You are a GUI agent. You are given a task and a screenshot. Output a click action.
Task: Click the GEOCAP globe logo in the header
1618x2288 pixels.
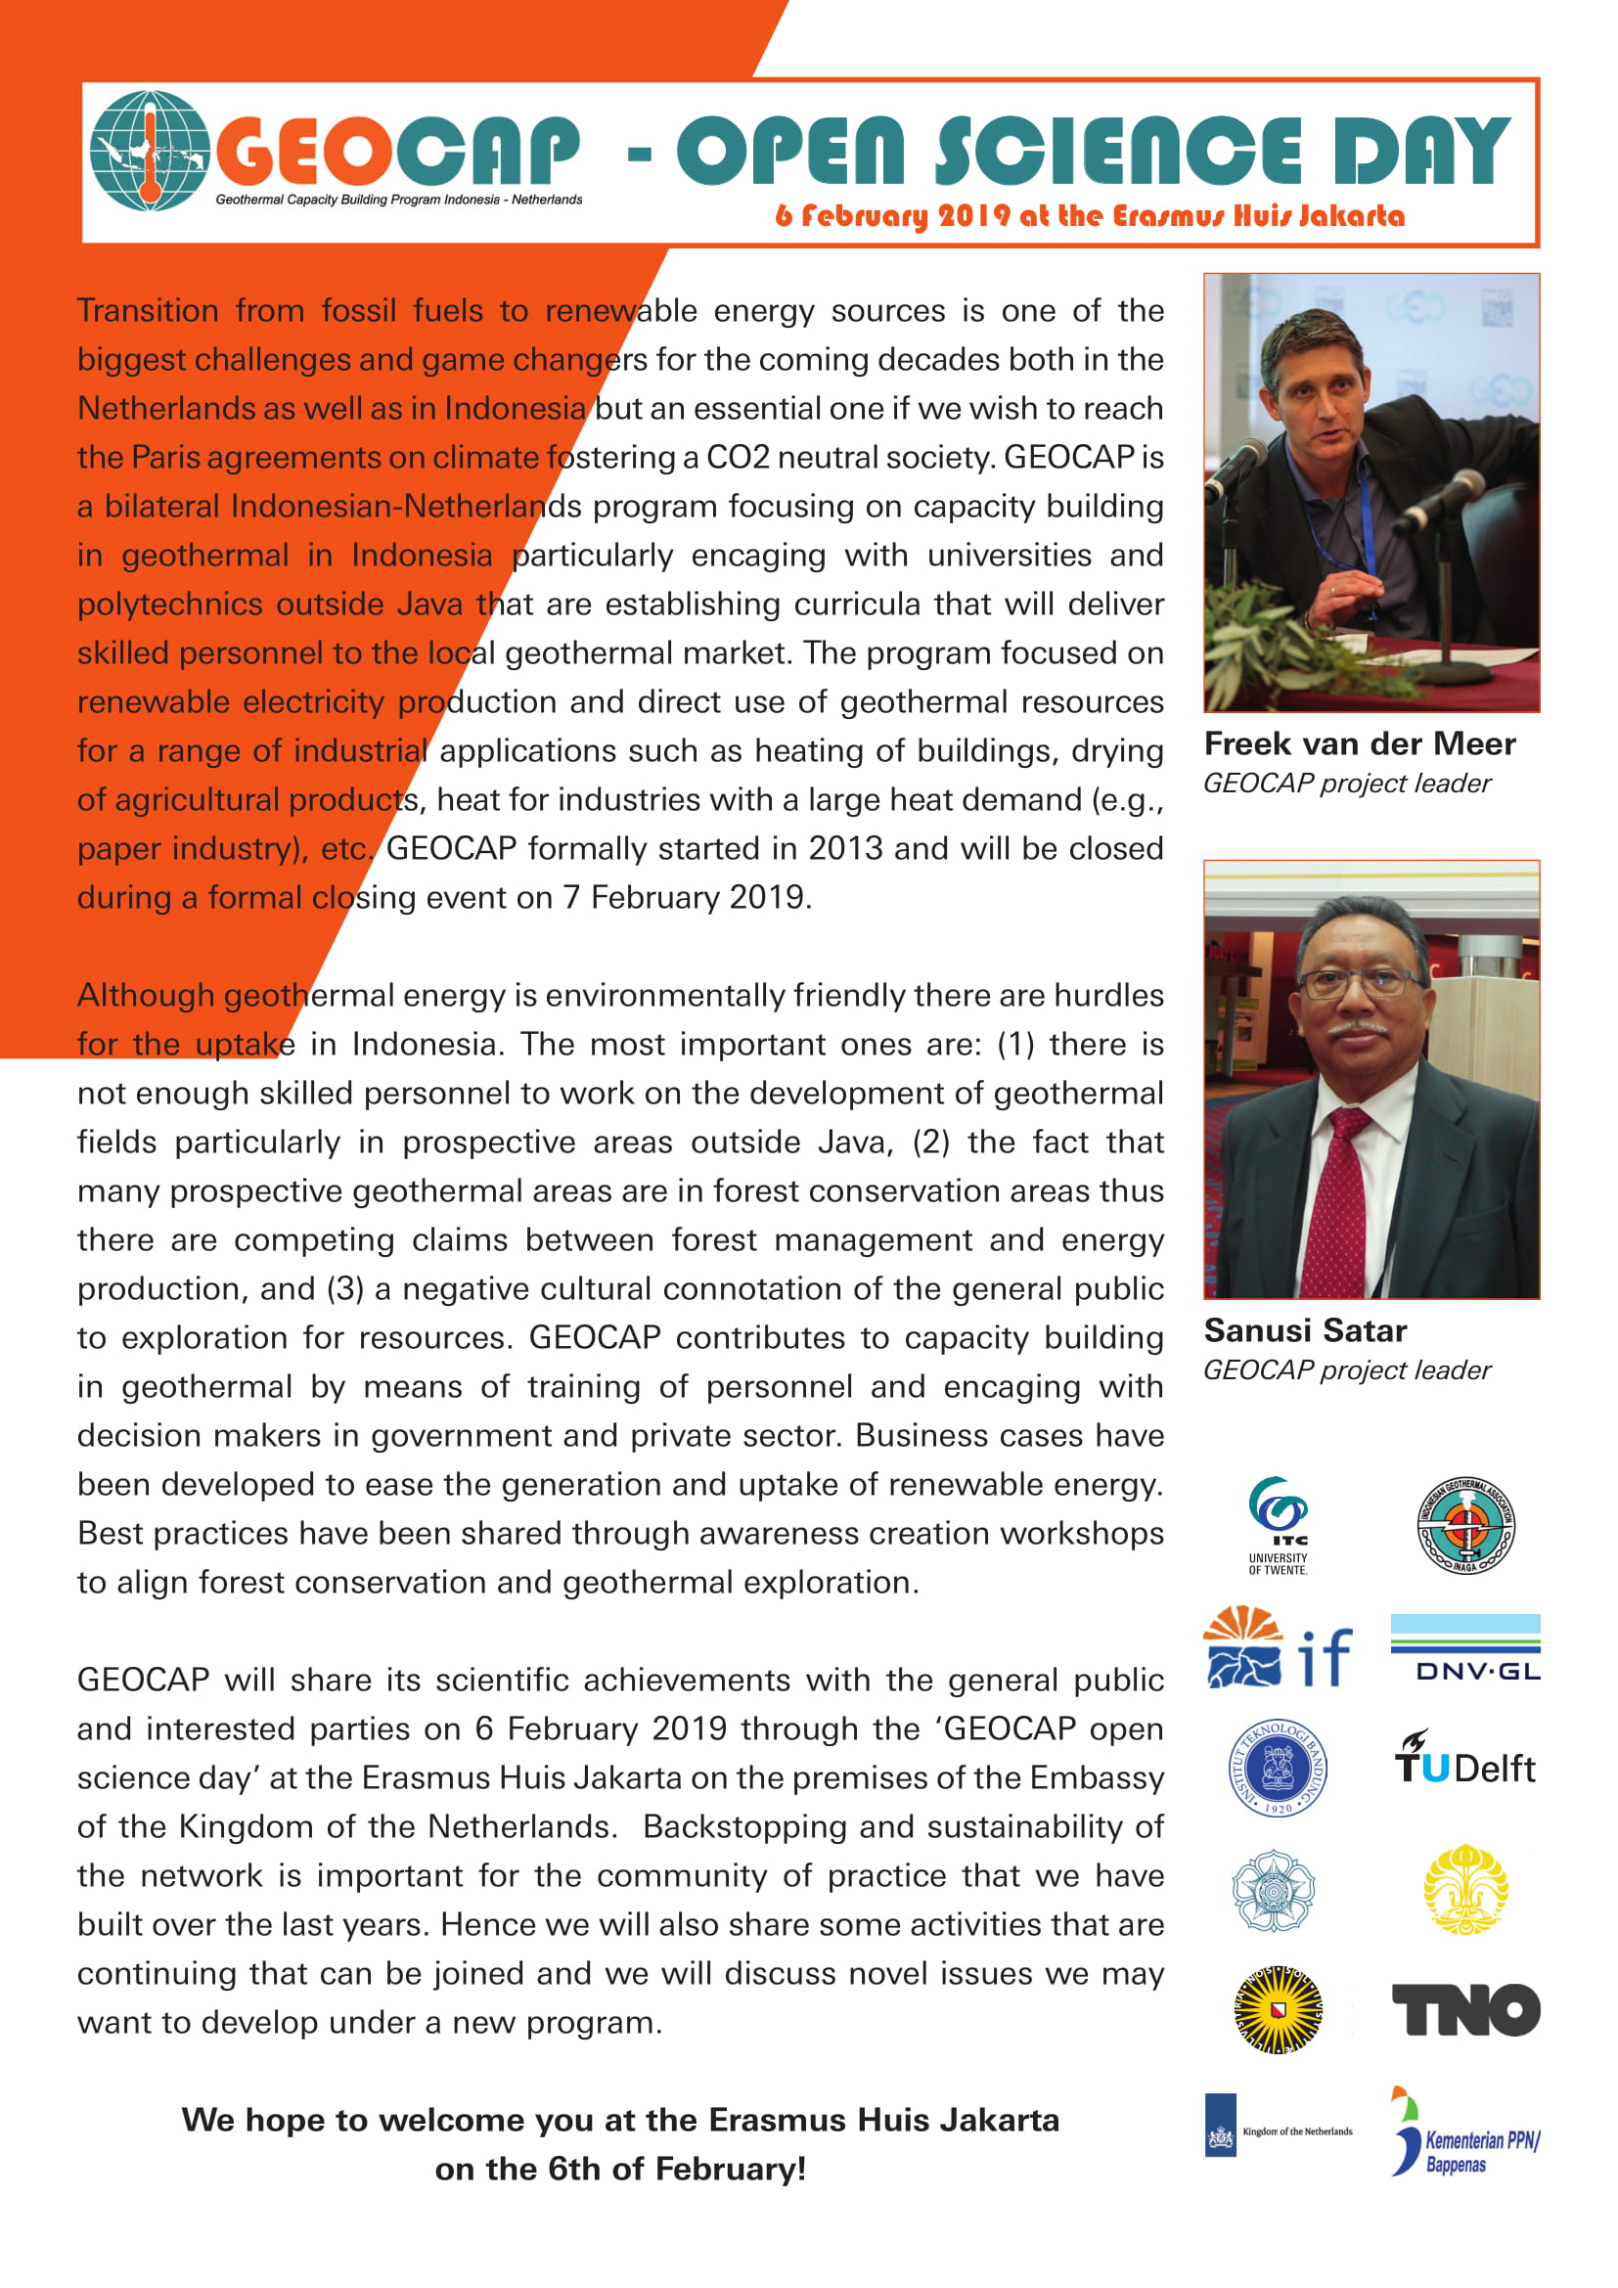(x=150, y=151)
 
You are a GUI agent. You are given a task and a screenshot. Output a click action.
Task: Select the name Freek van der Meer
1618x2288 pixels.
(x=1359, y=743)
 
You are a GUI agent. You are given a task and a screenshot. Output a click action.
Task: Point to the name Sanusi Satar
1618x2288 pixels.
(x=1304, y=1330)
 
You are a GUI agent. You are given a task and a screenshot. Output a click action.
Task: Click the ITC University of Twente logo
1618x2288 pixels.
(x=1279, y=1525)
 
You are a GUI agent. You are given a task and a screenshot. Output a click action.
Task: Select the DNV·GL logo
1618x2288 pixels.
(x=1464, y=1647)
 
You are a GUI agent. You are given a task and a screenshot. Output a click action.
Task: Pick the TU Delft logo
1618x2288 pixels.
(x=1464, y=1765)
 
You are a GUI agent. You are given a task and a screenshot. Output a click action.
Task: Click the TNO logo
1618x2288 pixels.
(x=1464, y=2009)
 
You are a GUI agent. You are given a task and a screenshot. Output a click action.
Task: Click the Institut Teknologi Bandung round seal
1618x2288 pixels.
(x=1279, y=1768)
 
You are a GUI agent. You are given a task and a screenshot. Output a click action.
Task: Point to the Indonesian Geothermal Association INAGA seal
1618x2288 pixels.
(x=1465, y=1525)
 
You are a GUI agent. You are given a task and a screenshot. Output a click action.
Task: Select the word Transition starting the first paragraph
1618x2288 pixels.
(x=148, y=310)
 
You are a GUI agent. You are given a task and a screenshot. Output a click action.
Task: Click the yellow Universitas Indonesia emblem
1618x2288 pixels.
(x=1464, y=1888)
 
